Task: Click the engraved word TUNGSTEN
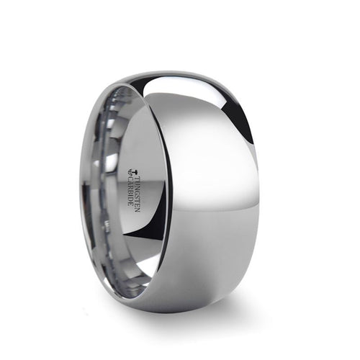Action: pos(142,186)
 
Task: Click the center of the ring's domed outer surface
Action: pos(216,194)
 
